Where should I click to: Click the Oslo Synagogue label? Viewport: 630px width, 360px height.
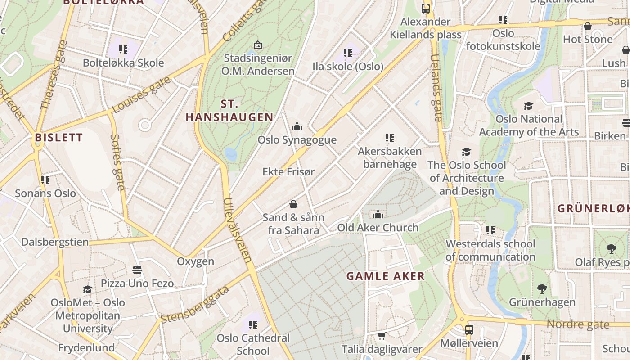[297, 140]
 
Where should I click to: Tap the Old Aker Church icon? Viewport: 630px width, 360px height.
[378, 214]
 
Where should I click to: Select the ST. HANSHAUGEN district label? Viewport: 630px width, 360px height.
[229, 111]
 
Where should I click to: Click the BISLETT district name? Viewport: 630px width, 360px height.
[59, 138]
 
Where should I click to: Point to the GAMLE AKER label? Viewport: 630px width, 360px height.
[386, 276]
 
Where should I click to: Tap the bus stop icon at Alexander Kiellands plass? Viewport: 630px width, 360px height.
[425, 8]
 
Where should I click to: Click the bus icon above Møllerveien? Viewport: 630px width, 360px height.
[469, 329]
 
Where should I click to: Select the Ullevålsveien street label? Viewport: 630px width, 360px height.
[237, 230]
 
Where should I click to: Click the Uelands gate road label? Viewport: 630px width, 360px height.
[436, 88]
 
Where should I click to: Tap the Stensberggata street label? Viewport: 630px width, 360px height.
[194, 305]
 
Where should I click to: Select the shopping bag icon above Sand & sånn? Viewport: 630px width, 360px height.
[293, 204]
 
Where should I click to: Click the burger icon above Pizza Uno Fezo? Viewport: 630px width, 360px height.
[137, 270]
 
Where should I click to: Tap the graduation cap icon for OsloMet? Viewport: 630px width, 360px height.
[87, 289]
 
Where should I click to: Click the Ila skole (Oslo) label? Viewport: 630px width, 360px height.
[348, 67]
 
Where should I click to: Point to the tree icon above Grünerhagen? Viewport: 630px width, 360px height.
[542, 288]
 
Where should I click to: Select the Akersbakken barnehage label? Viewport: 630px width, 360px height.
[390, 157]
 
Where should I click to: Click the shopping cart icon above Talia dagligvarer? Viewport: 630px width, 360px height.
[382, 336]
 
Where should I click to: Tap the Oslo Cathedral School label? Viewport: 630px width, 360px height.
[253, 344]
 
